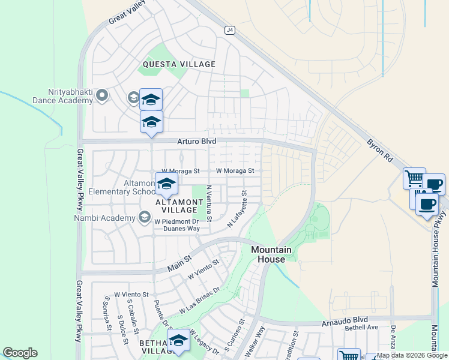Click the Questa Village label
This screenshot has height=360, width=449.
tap(179, 64)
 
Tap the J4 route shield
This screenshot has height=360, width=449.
tap(229, 29)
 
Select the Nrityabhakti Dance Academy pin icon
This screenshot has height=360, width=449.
tap(102, 95)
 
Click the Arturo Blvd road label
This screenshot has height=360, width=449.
tap(196, 141)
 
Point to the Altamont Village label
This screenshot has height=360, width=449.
tap(176, 206)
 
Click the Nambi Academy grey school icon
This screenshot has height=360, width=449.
tap(144, 217)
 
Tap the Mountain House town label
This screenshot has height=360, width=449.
tap(271, 254)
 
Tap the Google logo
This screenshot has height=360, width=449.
tap(20, 353)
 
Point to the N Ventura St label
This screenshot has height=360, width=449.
tap(209, 202)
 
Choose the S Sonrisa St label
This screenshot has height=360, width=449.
tap(108, 313)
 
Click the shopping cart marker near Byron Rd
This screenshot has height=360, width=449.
tap(414, 178)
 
